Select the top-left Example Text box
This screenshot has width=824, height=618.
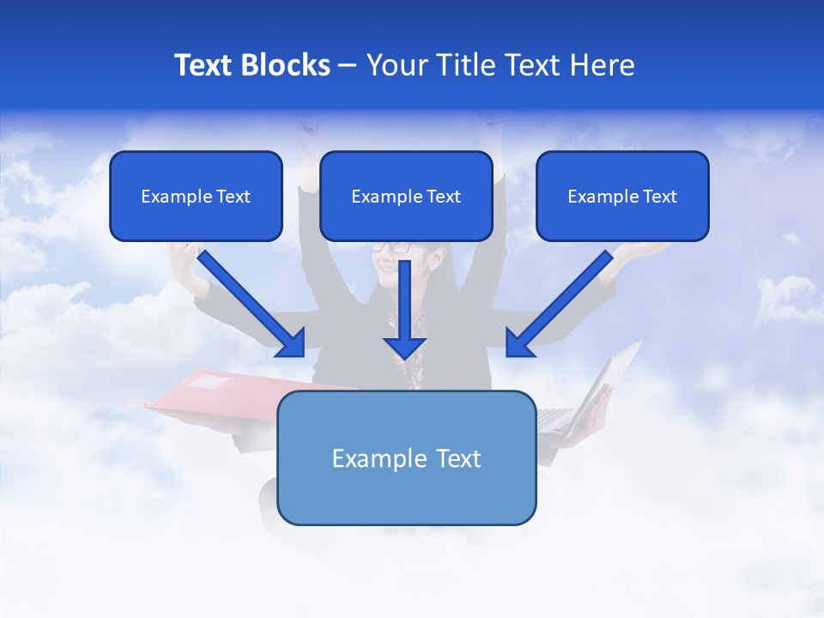tap(196, 196)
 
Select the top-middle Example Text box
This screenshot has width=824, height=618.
tap(406, 196)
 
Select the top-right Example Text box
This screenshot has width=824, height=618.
tap(622, 196)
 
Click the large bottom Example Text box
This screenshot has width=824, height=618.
tap(407, 457)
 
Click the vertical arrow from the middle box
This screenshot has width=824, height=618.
tap(405, 300)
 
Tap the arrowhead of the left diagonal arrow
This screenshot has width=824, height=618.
tap(292, 343)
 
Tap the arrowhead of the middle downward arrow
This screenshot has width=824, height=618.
tap(405, 347)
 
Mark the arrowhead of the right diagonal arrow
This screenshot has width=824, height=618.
tap(518, 343)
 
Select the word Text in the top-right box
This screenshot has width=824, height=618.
tap(660, 197)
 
